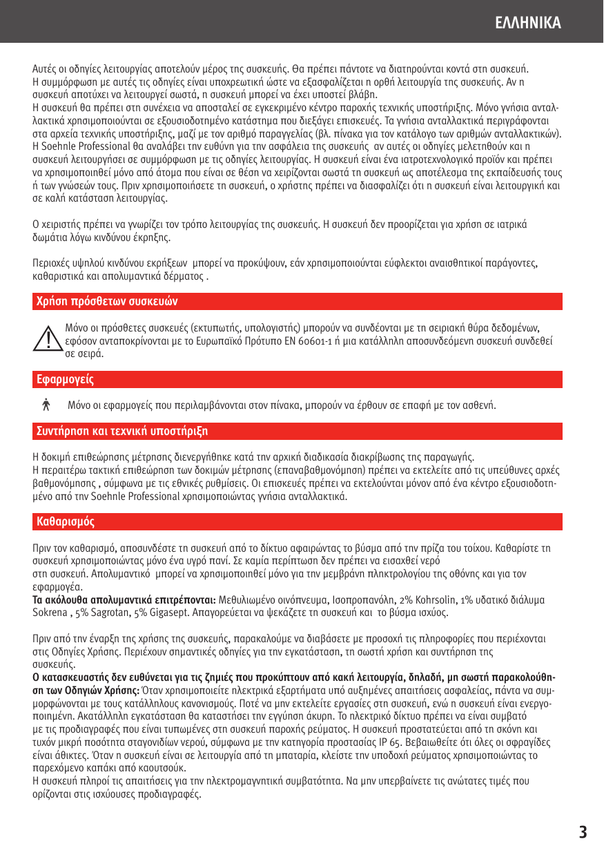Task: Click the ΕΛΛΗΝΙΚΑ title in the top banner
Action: click(528, 23)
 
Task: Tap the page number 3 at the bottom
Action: click(583, 832)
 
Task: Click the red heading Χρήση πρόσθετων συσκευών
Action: click(107, 302)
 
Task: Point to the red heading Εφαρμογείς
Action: click(65, 380)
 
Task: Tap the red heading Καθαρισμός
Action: click(65, 521)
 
